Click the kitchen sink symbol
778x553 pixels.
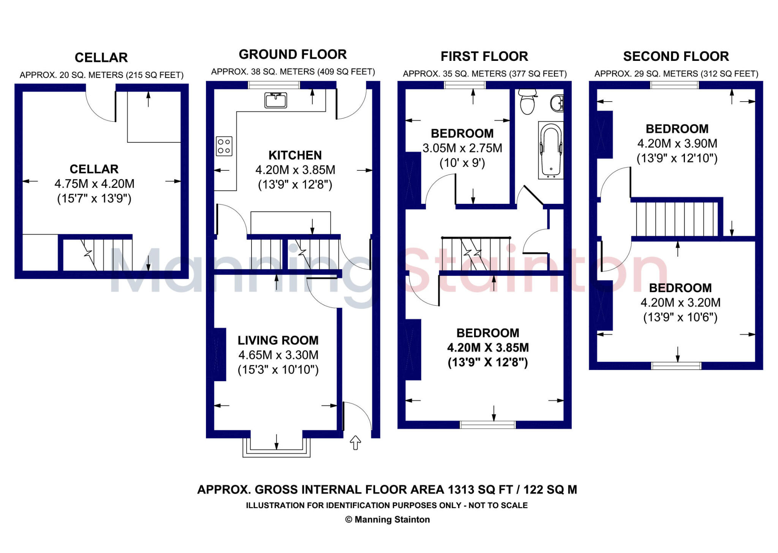pyautogui.click(x=275, y=100)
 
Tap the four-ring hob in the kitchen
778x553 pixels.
pyautogui.click(x=224, y=146)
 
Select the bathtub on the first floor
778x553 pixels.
pyautogui.click(x=550, y=150)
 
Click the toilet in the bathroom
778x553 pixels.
pyautogui.click(x=527, y=102)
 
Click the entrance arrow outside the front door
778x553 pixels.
pyautogui.click(x=355, y=443)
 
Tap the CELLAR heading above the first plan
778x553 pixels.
pyautogui.click(x=101, y=57)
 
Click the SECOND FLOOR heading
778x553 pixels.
pyautogui.click(x=676, y=56)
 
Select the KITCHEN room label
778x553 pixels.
pyautogui.click(x=295, y=155)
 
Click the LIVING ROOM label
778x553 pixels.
pyautogui.click(x=278, y=340)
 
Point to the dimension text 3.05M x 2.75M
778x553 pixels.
pyautogui.click(x=462, y=148)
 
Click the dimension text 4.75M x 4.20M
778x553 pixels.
pyautogui.click(x=94, y=184)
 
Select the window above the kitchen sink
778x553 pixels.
pyautogui.click(x=274, y=85)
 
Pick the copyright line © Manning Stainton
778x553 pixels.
pyautogui.click(x=387, y=519)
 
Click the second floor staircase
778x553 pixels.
pyautogui.click(x=676, y=219)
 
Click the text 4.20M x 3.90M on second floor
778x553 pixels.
pyautogui.click(x=677, y=143)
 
